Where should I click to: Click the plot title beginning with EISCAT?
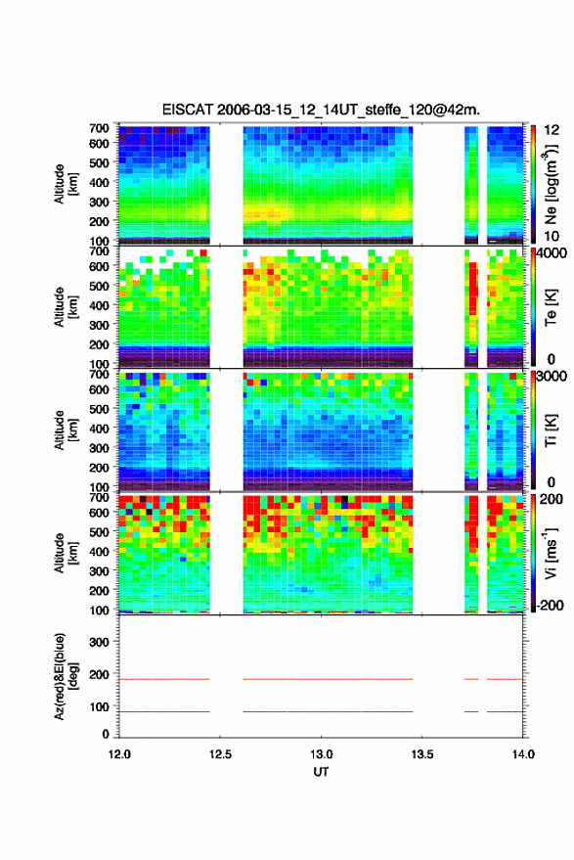pos(321,110)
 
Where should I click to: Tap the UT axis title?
pos(321,772)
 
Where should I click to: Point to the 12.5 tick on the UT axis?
pos(220,754)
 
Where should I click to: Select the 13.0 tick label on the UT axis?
pos(321,754)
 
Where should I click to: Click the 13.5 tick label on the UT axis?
pos(421,754)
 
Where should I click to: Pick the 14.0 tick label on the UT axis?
pos(523,754)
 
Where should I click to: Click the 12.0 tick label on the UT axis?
pos(119,754)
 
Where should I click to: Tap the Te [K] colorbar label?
pos(551,307)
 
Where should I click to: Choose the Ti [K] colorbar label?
pos(551,430)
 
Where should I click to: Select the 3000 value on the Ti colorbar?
pos(552,377)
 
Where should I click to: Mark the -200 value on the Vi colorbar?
pos(551,606)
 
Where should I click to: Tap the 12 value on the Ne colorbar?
pos(552,130)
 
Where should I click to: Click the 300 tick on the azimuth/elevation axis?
pos(99,642)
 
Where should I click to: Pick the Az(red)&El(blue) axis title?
pos(66,676)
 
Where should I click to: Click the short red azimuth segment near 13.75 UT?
pos(471,679)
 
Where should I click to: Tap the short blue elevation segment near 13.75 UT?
pos(471,711)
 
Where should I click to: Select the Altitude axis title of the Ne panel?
pos(66,184)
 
